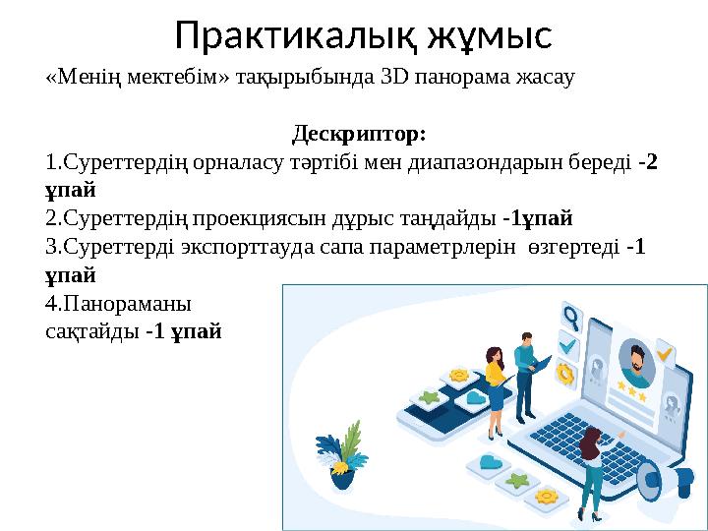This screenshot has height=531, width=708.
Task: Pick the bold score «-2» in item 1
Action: coord(648,161)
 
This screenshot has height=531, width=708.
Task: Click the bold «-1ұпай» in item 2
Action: coord(537,216)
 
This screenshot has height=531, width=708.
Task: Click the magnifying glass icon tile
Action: coord(569,317)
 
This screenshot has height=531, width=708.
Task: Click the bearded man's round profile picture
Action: coord(637,364)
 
